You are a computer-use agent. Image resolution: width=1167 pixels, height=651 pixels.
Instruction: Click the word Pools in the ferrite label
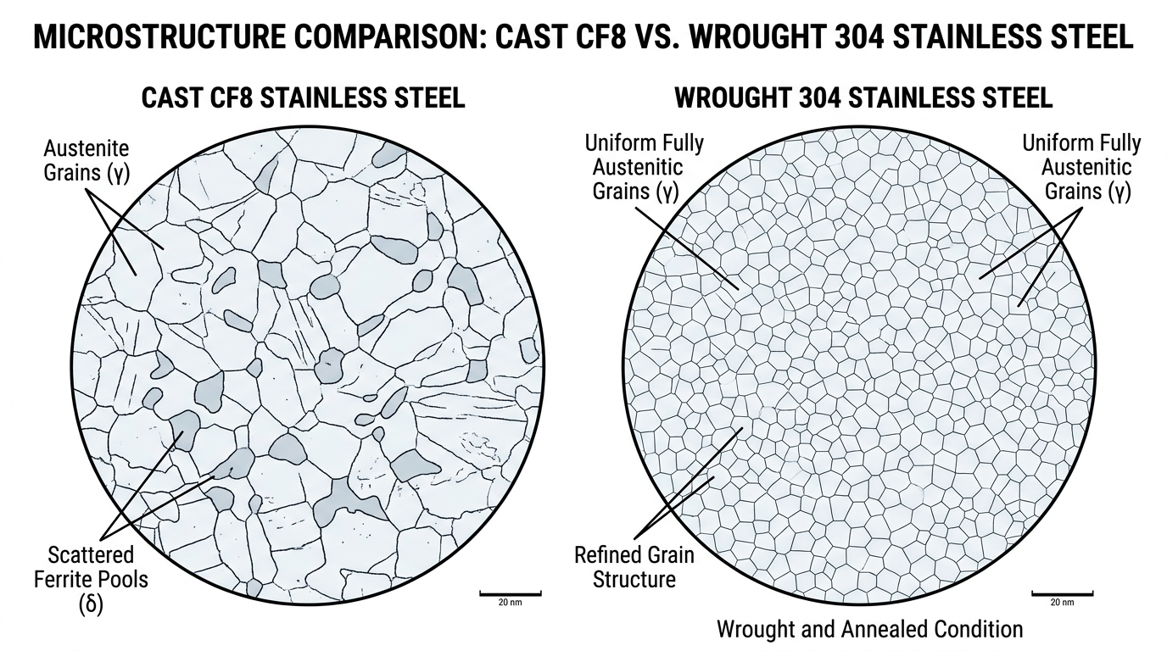click(x=122, y=581)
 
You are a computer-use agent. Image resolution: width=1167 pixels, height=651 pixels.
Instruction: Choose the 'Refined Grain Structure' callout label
click(x=634, y=567)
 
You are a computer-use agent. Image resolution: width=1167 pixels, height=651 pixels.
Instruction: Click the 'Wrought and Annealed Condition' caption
click(x=869, y=629)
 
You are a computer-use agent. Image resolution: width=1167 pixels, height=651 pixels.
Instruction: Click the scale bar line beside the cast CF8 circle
click(x=511, y=593)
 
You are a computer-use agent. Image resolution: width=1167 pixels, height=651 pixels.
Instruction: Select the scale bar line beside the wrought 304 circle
click(x=1062, y=593)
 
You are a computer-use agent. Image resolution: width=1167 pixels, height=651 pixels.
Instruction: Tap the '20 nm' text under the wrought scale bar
click(x=1062, y=603)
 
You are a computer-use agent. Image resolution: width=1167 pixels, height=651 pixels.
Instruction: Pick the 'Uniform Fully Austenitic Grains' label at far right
click(x=1081, y=166)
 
